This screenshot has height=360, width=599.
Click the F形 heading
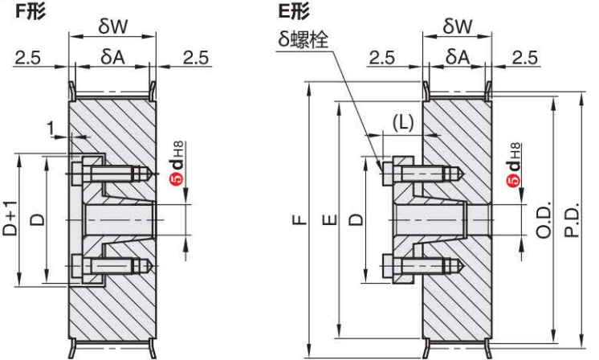coord(30,10)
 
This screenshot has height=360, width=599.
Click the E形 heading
coord(293,10)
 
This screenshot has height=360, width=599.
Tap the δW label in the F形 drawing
coord(112,26)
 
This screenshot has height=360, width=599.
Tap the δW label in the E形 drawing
coord(457,26)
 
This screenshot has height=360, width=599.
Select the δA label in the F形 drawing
coord(113,57)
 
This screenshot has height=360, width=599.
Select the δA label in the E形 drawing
coord(457,57)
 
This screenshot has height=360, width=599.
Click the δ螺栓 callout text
coord(304,39)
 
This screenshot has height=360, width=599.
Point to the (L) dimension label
coord(403,123)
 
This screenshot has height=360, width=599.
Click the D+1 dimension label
coord(10,219)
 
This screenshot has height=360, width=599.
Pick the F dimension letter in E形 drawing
coord(301,219)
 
